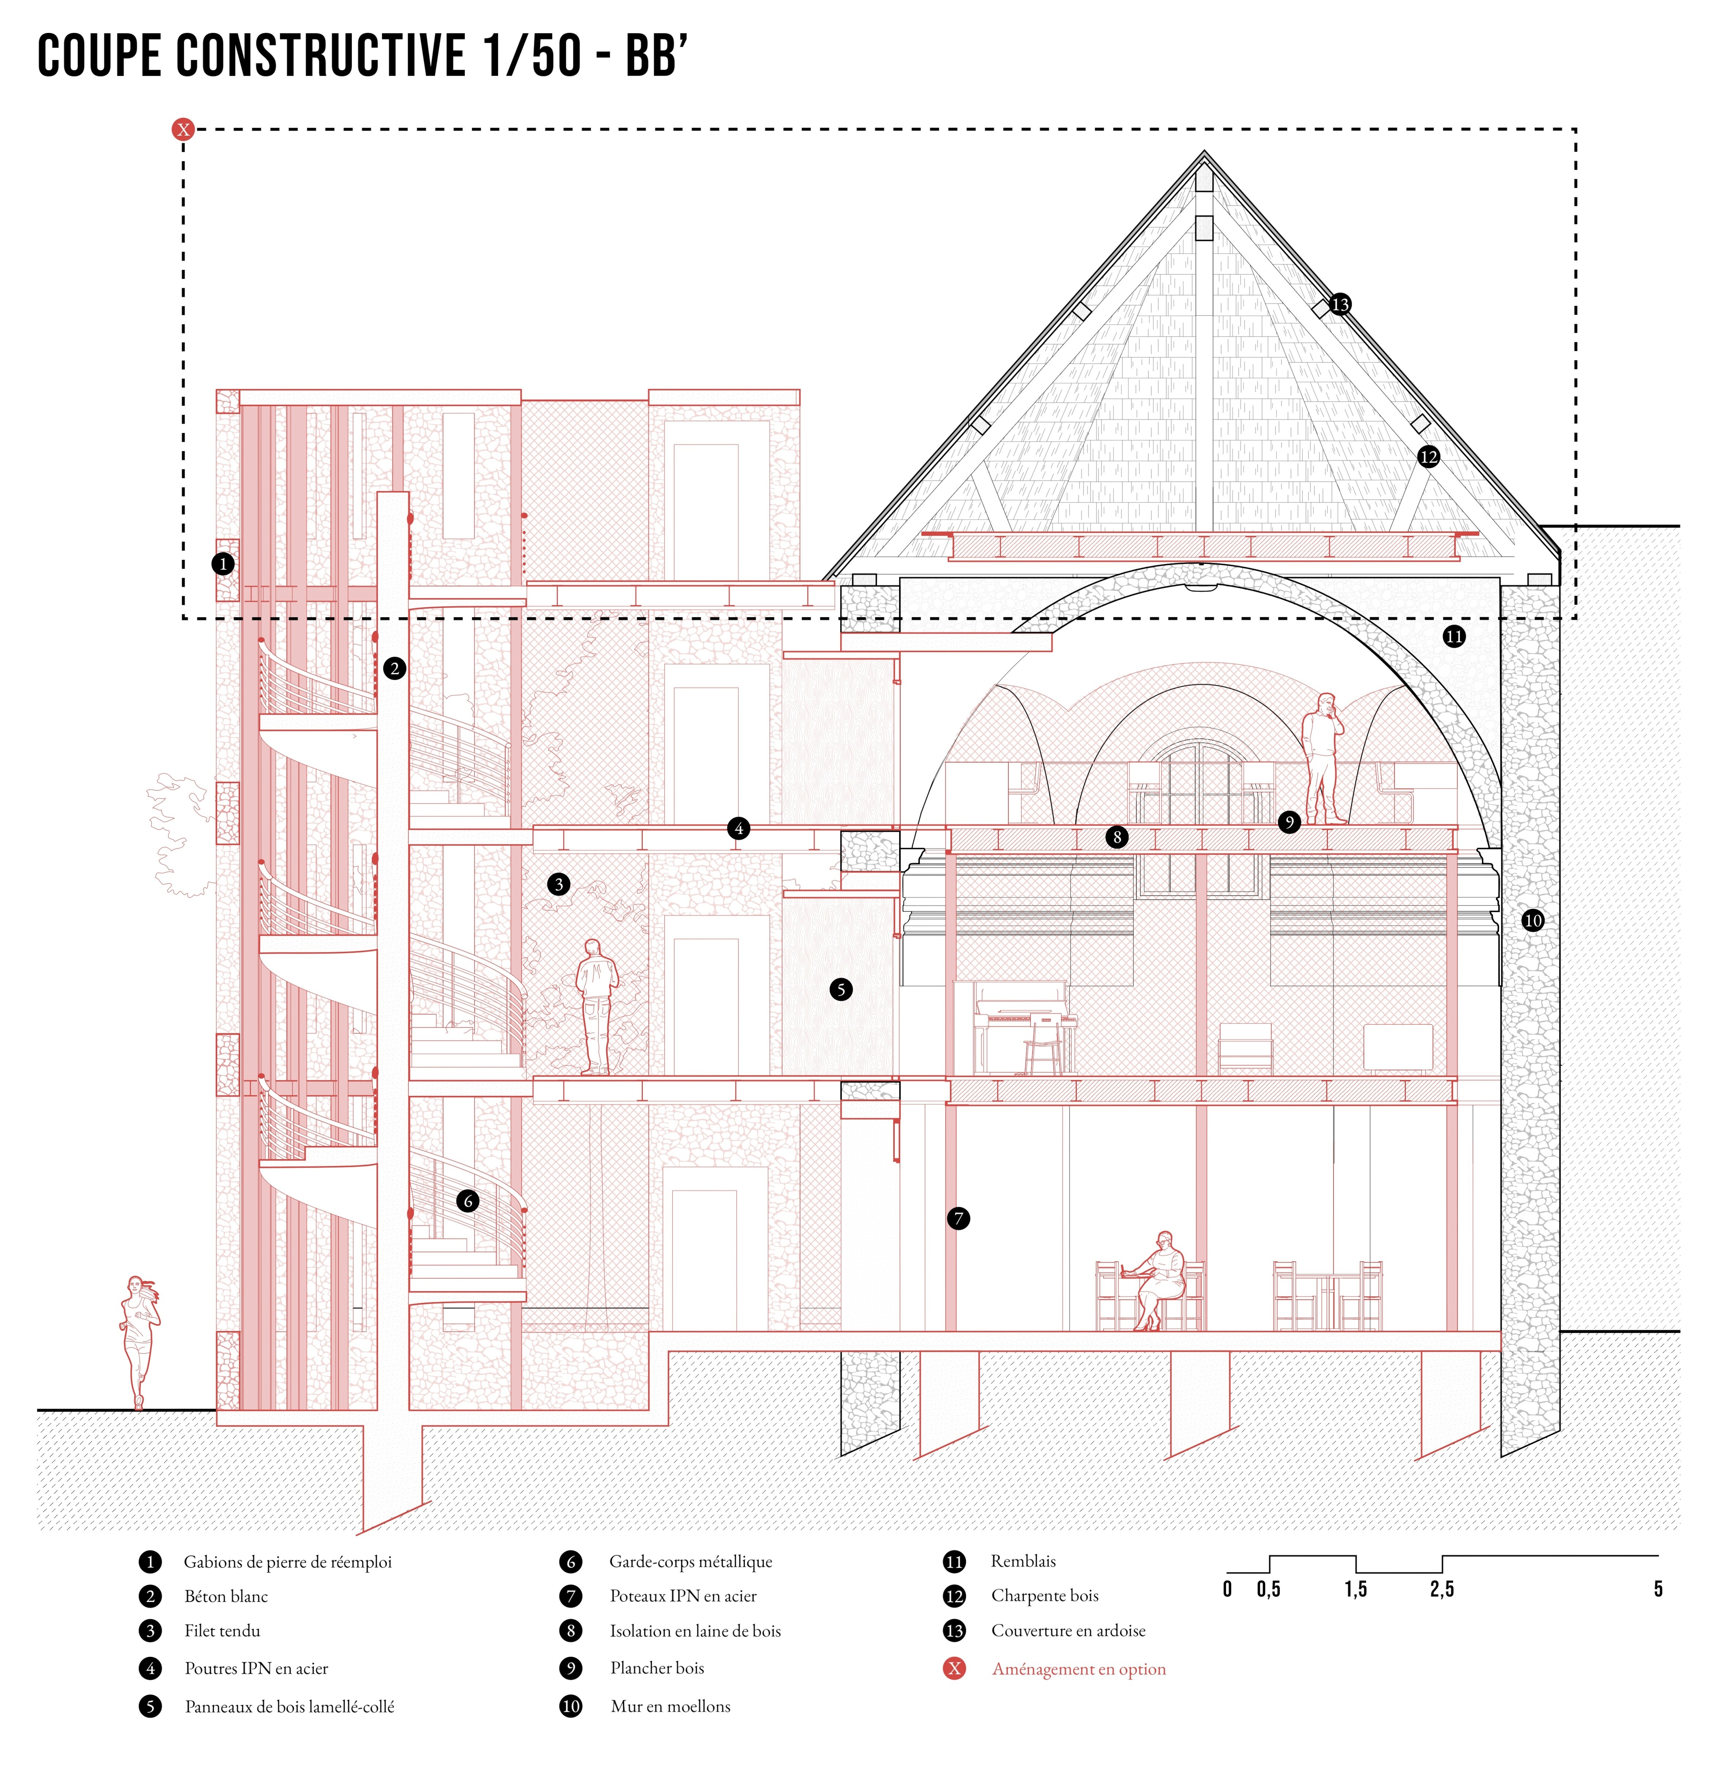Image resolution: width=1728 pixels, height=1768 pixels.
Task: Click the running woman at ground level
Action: (x=139, y=1341)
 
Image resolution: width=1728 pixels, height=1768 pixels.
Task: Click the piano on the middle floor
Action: (x=1021, y=1026)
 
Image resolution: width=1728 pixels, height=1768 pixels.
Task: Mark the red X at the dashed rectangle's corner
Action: (x=183, y=130)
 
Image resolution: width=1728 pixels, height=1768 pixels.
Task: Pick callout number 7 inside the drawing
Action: (x=958, y=1218)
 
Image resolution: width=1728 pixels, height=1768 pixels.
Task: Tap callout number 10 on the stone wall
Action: (x=1532, y=920)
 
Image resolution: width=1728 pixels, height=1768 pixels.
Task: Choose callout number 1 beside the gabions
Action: (x=223, y=563)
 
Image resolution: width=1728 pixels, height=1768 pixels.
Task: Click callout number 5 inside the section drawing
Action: (x=841, y=989)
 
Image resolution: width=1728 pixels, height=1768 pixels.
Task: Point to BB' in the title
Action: (x=652, y=56)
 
